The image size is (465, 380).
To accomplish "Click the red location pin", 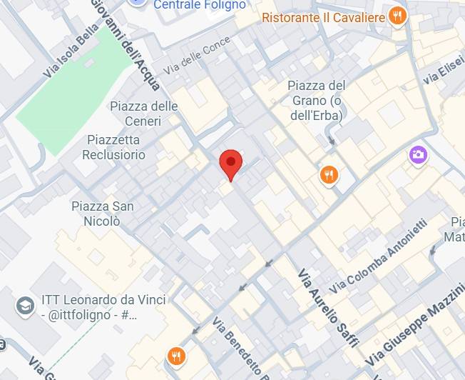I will tap(230, 164).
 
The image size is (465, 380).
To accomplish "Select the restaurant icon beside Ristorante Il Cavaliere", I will tap(398, 16).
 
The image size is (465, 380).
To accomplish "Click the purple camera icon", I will tap(418, 154).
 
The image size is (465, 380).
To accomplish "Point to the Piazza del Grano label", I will tap(317, 100).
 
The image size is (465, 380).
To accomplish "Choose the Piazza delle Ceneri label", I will tap(143, 114).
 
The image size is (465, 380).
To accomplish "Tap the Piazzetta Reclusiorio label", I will tap(114, 147).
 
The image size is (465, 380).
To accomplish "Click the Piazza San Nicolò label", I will tap(102, 214).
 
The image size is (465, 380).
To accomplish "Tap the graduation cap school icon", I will tap(25, 306).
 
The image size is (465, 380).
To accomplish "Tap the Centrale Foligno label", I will tap(200, 5).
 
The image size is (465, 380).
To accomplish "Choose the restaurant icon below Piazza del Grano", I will tap(328, 175).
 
